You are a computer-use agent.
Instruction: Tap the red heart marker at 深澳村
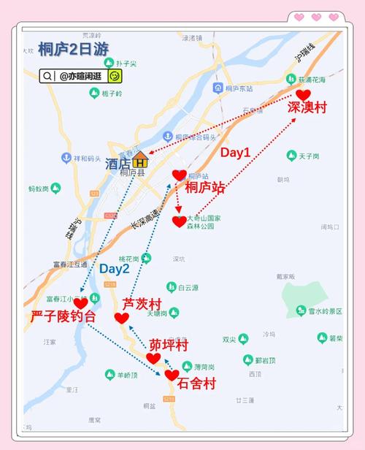click(x=303, y=95)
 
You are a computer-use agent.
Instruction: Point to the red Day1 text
click(x=236, y=153)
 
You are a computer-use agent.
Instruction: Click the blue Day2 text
click(x=115, y=268)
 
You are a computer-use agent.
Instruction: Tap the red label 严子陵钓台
click(x=64, y=317)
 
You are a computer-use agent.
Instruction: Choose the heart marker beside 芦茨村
click(x=122, y=318)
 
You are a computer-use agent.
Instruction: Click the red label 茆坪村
click(x=169, y=344)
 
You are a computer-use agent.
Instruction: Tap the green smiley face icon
click(x=114, y=75)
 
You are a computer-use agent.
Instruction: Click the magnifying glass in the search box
click(x=47, y=75)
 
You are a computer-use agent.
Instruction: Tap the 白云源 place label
click(x=188, y=287)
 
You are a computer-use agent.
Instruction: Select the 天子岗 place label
click(x=310, y=156)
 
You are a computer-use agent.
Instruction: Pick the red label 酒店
click(x=117, y=163)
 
